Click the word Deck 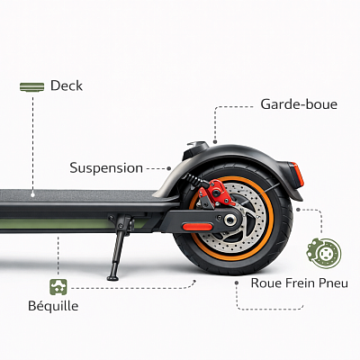[x=67, y=85]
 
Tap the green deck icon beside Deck [x=31, y=87]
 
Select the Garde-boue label [x=299, y=104]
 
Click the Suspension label [x=106, y=168]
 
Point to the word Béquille [x=53, y=306]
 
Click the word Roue [x=266, y=283]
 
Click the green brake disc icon [x=324, y=253]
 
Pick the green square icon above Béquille [x=58, y=287]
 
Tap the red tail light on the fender [x=297, y=174]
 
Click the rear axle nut [x=230, y=220]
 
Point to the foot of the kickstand [x=113, y=277]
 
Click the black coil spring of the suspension [x=194, y=179]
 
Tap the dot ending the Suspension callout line [x=169, y=168]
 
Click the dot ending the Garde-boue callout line [x=215, y=141]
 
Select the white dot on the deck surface [x=32, y=194]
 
